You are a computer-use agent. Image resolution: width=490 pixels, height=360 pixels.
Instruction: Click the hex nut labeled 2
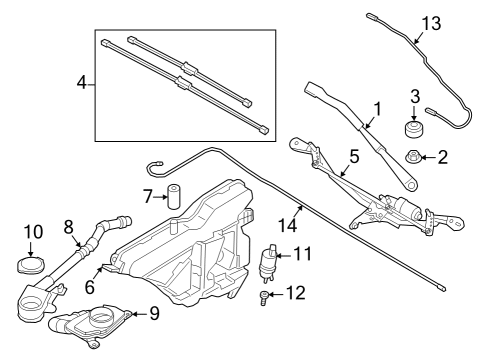pyautogui.click(x=412, y=156)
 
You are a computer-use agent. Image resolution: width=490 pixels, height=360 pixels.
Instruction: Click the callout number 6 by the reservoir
pyautogui.click(x=91, y=286)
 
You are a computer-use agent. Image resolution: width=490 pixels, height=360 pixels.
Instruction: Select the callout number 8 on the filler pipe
pyautogui.click(x=68, y=226)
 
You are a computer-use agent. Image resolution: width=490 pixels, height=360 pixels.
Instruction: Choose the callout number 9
pyautogui.click(x=153, y=313)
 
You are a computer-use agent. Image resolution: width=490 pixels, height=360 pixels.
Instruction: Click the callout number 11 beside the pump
pyautogui.click(x=302, y=254)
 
